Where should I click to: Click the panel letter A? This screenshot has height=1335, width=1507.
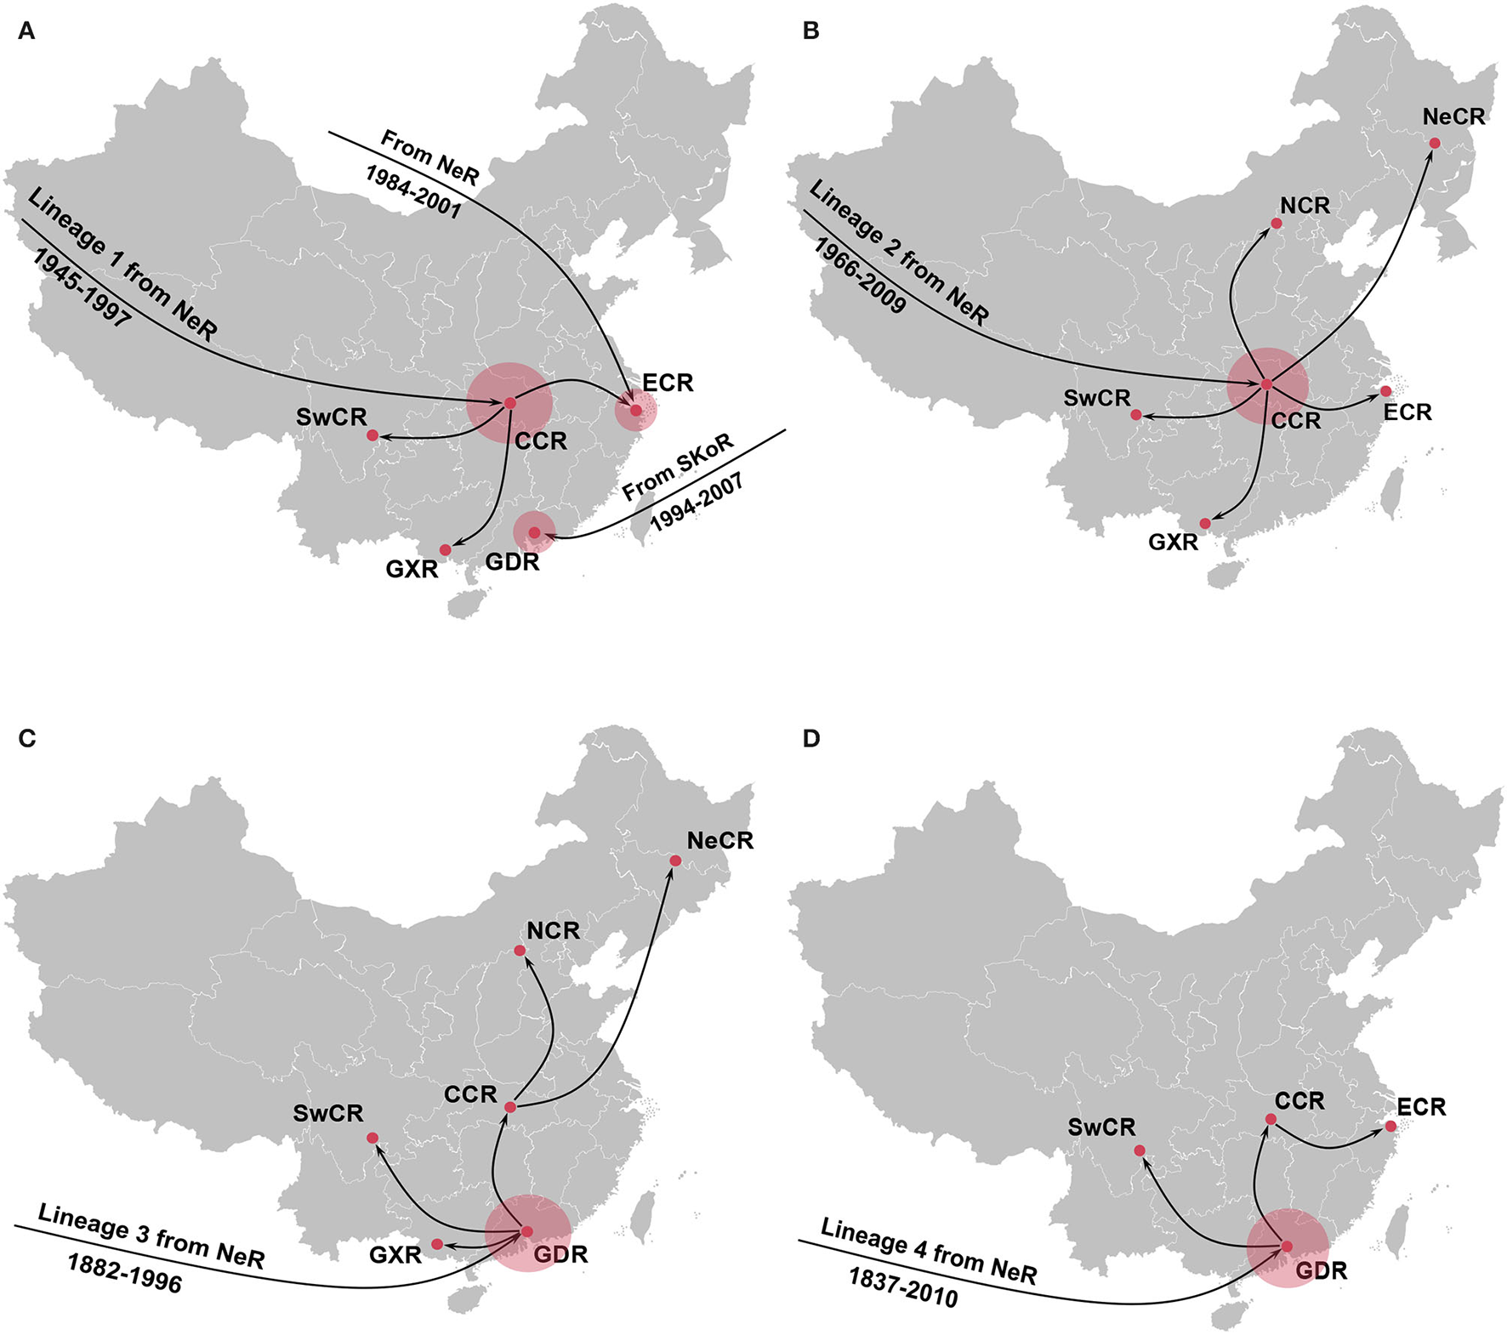pos(26,31)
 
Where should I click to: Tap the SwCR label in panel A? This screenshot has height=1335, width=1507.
pos(332,417)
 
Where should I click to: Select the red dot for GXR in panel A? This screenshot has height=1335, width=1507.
pos(445,550)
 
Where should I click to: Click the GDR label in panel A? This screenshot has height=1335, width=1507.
pos(512,562)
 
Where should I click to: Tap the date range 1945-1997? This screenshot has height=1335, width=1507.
pos(82,288)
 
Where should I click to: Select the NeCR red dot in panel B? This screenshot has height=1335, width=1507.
pos(1435,143)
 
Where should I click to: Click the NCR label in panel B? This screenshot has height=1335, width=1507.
pos(1305,206)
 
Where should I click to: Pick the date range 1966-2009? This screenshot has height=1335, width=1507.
pos(860,275)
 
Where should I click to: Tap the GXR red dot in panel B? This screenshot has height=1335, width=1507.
pos(1205,523)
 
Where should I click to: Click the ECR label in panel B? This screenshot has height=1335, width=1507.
pos(1407,412)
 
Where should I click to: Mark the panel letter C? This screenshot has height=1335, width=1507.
pos(26,738)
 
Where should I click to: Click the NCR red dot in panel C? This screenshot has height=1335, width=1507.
pos(520,950)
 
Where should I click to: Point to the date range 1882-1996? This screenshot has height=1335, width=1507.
pos(125,1274)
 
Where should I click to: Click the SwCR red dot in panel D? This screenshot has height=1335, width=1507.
pos(1140,1150)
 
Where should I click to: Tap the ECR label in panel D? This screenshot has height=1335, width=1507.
pos(1421,1107)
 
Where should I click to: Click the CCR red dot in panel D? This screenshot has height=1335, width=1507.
pos(1271,1119)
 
